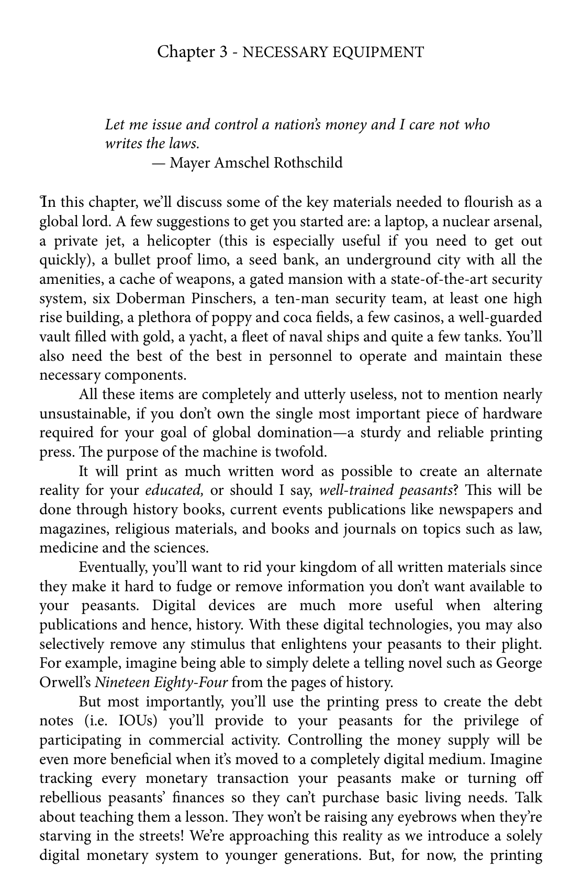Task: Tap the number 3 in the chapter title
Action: pyautogui.click(x=224, y=52)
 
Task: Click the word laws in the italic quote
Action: pyautogui.click(x=183, y=143)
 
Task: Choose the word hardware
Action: pyautogui.click(x=512, y=414)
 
